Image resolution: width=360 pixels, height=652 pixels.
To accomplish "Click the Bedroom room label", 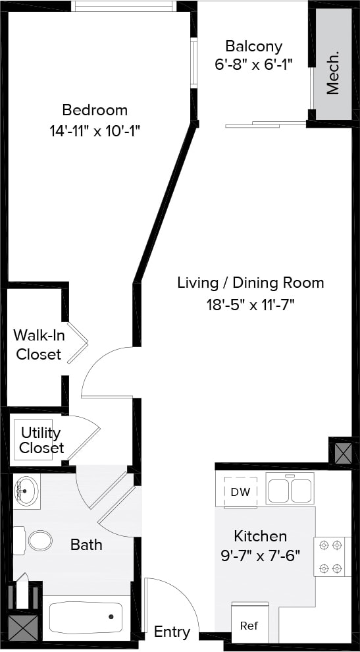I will pos(95,110).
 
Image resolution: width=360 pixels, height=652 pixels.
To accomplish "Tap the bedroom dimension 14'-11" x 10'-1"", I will pos(95,131).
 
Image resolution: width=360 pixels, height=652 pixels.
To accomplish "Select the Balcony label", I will pos(253,46).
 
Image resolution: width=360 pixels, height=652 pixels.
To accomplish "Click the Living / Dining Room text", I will pos(250,283).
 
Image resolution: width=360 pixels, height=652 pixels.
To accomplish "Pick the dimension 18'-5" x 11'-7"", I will pos(250,304).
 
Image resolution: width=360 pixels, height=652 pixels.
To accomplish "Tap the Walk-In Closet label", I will pos(38,344).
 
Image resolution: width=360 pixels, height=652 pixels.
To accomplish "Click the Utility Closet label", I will pos(41,441).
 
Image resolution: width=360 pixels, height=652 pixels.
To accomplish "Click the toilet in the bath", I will pos(36,541).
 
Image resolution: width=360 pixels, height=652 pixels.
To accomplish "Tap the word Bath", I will pos(86,545).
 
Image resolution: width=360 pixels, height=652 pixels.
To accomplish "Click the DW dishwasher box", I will pos(240,491).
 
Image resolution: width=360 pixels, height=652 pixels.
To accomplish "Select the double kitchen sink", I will pos(289,490).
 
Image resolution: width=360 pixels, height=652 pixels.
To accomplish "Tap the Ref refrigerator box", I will pos(249,624).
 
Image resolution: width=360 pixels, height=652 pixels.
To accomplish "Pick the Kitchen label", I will pos(260,535).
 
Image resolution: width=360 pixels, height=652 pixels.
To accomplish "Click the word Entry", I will pos(172,632).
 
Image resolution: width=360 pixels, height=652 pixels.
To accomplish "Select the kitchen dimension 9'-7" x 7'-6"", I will pos(260,555).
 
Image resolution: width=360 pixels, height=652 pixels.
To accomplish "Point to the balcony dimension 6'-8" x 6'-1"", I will pos(253,65).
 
